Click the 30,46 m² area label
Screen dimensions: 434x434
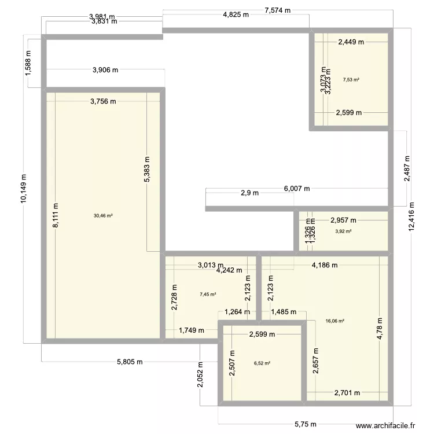click(103, 216)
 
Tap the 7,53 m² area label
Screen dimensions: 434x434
click(351, 80)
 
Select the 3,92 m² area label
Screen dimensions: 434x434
click(343, 231)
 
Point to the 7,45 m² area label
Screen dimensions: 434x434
click(208, 294)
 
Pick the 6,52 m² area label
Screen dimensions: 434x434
click(262, 363)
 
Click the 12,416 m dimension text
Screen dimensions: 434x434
click(411, 216)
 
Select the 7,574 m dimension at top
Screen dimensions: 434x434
click(278, 10)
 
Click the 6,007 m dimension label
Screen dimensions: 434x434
click(297, 189)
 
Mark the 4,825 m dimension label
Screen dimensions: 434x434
click(236, 15)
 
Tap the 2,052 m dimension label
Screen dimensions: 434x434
click(200, 377)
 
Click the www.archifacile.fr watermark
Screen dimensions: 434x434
click(385, 425)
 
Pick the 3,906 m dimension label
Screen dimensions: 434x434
click(105, 70)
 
